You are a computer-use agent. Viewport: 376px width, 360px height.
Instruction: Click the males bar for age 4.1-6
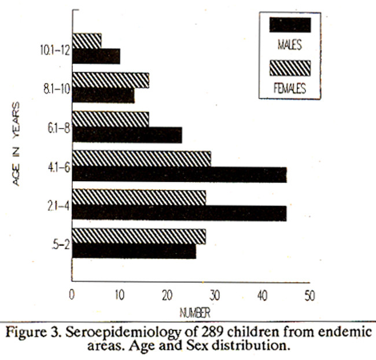tap(179, 175)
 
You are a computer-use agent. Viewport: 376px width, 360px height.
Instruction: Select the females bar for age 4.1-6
tap(141, 159)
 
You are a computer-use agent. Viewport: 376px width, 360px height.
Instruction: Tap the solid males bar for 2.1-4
tap(179, 213)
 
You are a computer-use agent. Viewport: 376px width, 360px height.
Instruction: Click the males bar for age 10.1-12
tap(96, 56)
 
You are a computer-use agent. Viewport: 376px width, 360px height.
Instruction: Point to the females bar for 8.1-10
tap(110, 80)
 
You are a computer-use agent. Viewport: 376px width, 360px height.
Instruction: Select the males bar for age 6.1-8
tap(127, 135)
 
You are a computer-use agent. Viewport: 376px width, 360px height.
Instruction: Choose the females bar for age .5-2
tap(139, 236)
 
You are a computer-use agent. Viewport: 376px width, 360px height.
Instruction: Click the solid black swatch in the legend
tap(290, 25)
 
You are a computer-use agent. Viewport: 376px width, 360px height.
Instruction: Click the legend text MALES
tap(290, 45)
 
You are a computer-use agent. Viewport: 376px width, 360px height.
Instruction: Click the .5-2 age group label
tap(61, 244)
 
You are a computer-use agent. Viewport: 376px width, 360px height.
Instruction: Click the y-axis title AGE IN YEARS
tap(17, 144)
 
